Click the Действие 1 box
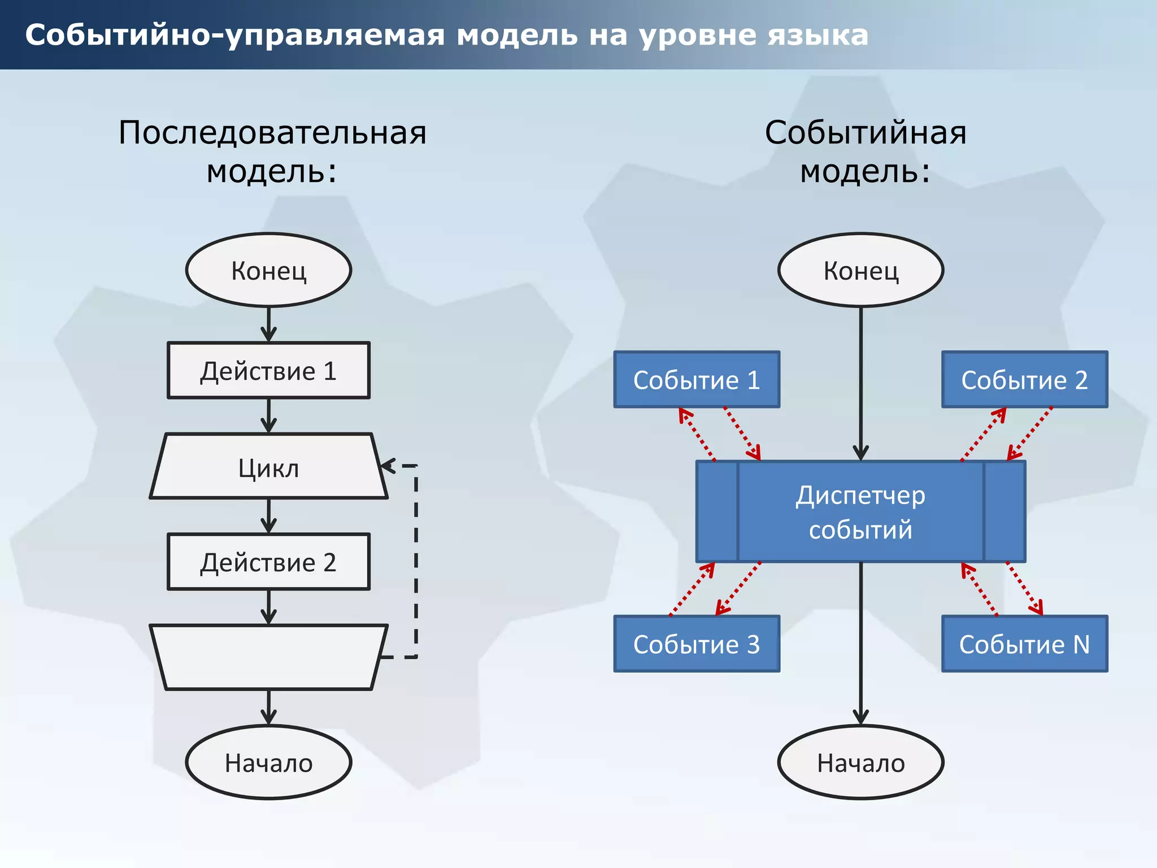click(268, 371)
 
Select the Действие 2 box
click(268, 562)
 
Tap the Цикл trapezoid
click(268, 467)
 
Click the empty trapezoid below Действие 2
click(268, 657)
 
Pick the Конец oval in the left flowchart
click(268, 270)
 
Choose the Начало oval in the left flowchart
click(268, 762)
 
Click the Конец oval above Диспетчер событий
click(860, 270)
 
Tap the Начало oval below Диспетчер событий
click(860, 762)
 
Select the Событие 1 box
click(697, 380)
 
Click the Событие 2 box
click(1024, 380)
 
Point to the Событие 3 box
click(697, 644)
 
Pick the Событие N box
click(1024, 644)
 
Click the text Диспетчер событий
click(860, 512)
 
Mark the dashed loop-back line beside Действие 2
click(416, 562)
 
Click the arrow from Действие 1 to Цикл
click(269, 416)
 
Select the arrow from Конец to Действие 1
click(269, 324)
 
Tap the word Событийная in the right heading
click(865, 133)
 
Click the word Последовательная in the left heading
click(272, 133)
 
